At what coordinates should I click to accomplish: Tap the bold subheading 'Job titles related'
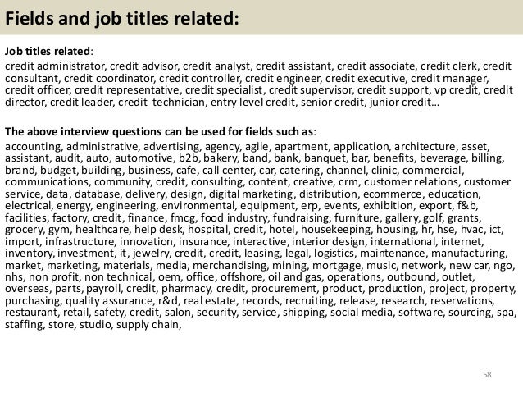pyautogui.click(x=48, y=51)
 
